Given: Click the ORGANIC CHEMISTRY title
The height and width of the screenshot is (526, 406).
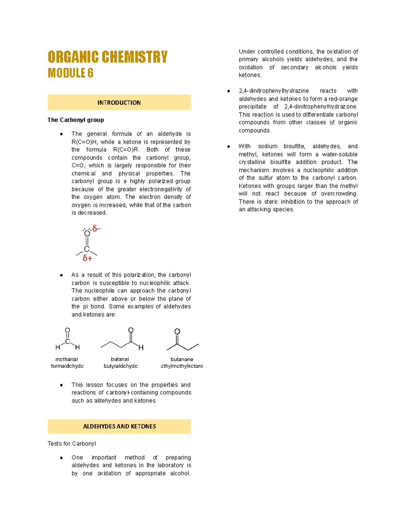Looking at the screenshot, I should click(x=108, y=57).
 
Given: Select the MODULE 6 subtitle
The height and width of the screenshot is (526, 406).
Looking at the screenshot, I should click(x=70, y=73).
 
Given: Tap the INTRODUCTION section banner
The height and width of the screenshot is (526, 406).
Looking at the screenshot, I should click(x=119, y=103).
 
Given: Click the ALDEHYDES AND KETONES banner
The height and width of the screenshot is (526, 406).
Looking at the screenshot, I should click(x=119, y=426).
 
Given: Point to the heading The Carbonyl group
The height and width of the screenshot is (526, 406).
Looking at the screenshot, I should click(x=76, y=120).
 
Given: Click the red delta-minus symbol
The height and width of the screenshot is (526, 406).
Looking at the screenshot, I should click(x=96, y=229).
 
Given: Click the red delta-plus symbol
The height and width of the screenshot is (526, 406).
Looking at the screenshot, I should click(x=87, y=258).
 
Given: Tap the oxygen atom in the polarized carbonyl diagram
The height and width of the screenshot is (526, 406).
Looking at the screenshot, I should click(x=87, y=234).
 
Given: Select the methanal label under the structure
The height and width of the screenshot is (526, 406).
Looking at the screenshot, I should click(x=67, y=359).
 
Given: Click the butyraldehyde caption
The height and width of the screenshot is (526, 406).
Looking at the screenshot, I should click(x=120, y=366).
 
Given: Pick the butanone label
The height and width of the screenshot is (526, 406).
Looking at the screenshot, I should click(x=182, y=359).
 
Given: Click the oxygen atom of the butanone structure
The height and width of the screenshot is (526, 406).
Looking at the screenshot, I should click(x=177, y=332).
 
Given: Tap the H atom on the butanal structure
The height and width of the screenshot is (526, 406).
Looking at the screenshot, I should click(x=141, y=348).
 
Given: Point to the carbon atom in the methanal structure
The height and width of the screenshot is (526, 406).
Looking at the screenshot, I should click(x=67, y=341).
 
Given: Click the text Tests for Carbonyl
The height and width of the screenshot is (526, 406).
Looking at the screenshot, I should click(x=72, y=444).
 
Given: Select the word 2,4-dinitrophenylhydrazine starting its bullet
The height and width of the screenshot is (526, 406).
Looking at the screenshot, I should click(x=274, y=91).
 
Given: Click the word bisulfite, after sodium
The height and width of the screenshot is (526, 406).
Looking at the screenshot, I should click(x=294, y=146).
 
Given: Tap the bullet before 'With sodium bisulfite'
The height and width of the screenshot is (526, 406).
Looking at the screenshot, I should click(x=229, y=147).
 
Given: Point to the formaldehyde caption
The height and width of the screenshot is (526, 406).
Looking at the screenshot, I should click(x=67, y=366).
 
